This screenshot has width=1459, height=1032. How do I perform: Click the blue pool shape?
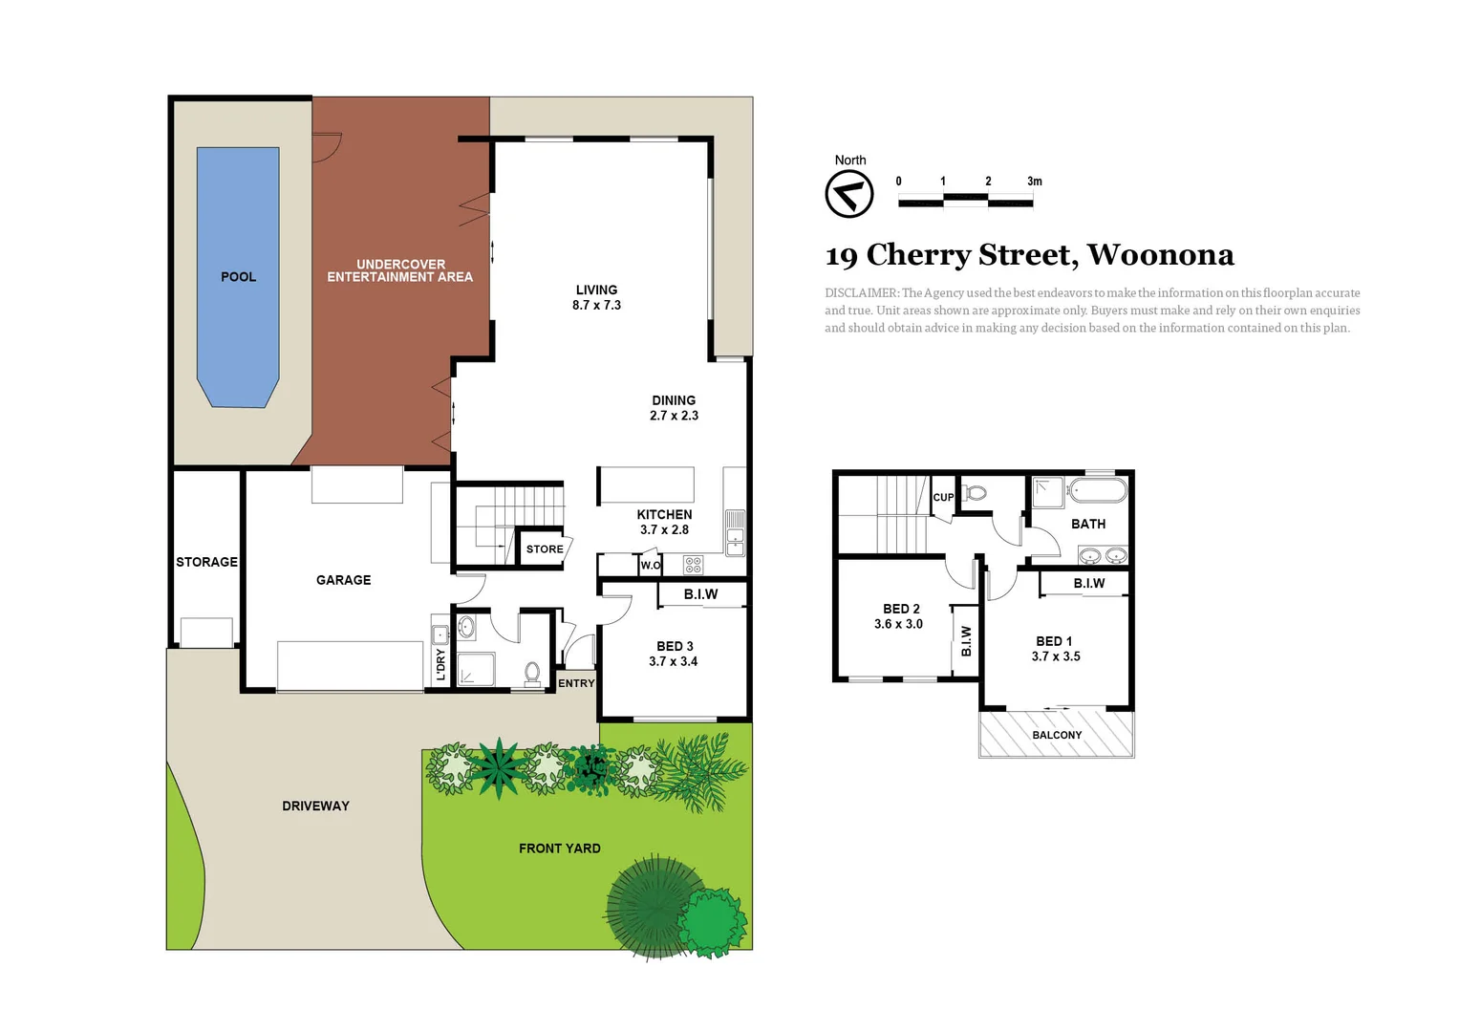(x=238, y=277)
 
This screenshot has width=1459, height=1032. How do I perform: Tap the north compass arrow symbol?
(x=848, y=195)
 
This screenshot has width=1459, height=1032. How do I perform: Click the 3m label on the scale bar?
(x=1035, y=182)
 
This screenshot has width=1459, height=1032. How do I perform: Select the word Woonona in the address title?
(x=1160, y=255)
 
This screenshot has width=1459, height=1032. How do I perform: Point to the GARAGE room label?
(x=344, y=580)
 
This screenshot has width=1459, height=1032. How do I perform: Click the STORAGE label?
(x=206, y=562)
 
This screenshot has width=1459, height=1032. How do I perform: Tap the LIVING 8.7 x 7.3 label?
(x=596, y=297)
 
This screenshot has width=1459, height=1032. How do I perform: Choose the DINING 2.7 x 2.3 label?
(x=674, y=408)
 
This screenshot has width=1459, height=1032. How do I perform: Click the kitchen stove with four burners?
(x=694, y=565)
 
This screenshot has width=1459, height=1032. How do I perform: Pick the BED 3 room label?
(x=674, y=654)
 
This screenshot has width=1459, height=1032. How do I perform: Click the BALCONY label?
(x=1057, y=735)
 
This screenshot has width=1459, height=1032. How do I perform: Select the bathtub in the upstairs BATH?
(x=1098, y=491)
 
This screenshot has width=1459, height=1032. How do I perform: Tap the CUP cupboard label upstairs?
(x=943, y=498)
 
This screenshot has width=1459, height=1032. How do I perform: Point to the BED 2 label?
(x=900, y=616)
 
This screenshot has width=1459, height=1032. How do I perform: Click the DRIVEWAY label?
(x=315, y=806)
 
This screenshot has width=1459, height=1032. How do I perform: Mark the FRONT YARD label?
(x=559, y=849)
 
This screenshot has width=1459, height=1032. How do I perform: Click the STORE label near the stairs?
(x=545, y=549)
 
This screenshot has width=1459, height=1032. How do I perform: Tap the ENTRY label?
(x=576, y=683)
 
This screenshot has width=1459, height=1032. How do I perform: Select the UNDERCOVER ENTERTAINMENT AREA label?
(x=399, y=270)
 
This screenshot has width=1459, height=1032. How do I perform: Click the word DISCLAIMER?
(x=861, y=293)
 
